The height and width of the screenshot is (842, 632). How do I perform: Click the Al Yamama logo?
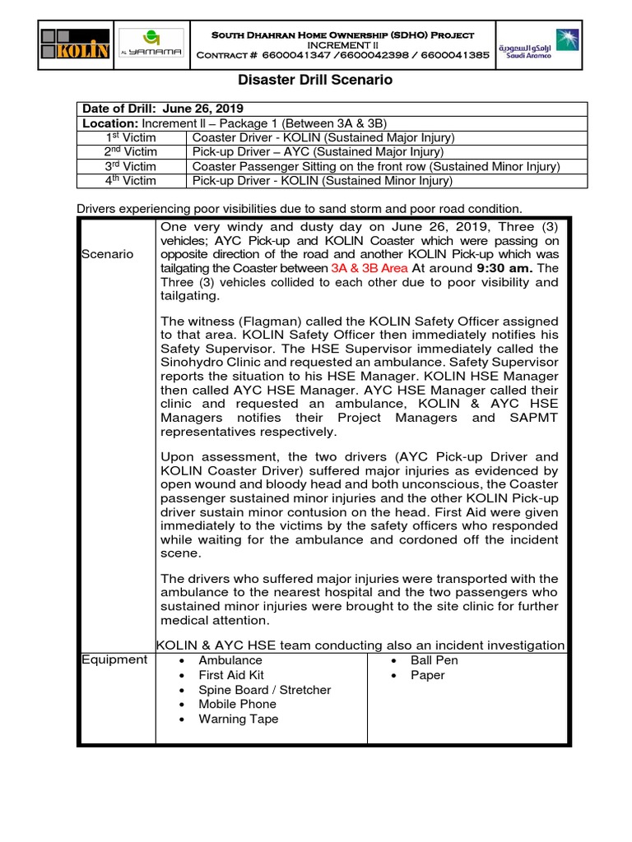(x=151, y=44)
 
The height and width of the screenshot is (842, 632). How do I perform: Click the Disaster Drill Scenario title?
(x=315, y=81)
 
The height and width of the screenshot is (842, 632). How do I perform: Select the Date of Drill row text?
(x=163, y=109)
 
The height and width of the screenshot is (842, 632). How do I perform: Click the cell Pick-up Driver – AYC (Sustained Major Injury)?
(x=318, y=151)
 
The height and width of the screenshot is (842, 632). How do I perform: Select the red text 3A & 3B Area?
(x=369, y=268)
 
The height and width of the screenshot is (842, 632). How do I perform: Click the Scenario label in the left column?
(x=107, y=254)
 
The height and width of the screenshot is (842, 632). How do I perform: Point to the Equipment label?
(x=114, y=659)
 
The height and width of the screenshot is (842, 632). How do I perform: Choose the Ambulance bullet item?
(x=230, y=660)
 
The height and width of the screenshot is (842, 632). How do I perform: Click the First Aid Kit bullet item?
(x=231, y=675)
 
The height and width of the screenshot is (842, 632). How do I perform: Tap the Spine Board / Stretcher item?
(x=264, y=690)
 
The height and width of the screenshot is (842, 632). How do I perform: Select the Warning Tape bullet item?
(x=238, y=719)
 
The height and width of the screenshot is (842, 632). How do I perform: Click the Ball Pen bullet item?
(x=434, y=660)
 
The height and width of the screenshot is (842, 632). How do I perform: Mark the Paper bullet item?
(x=428, y=675)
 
